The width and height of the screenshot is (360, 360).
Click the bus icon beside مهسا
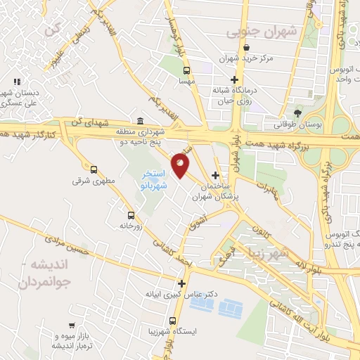(x=186, y=70)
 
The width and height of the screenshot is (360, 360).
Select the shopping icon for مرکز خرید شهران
(x=246, y=48)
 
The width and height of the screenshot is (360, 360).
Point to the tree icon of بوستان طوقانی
(x=298, y=112)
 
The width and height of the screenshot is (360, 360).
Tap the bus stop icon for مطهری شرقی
(x=94, y=169)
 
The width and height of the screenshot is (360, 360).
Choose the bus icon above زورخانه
(x=131, y=215)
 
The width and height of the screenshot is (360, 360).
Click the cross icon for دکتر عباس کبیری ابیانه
(x=182, y=284)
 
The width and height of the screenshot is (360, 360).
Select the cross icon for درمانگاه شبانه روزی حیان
(x=234, y=79)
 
